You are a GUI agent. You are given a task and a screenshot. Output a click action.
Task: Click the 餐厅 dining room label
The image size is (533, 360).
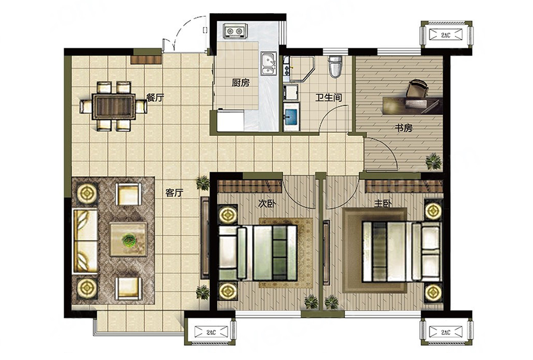155,98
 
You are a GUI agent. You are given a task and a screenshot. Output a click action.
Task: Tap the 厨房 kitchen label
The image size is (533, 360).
241,83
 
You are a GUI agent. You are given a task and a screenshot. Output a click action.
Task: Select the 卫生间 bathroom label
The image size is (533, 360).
328,98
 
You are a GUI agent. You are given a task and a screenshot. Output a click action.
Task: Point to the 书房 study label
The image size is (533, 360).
404,128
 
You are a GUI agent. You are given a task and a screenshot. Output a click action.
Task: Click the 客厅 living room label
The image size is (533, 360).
174,193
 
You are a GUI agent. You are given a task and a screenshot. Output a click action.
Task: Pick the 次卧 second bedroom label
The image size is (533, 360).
267,203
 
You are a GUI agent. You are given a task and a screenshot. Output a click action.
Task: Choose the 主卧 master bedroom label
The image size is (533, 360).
383,203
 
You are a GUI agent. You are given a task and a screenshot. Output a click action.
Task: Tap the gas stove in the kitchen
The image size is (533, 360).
235,31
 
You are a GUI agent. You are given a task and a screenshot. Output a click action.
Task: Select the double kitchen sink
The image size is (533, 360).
269,64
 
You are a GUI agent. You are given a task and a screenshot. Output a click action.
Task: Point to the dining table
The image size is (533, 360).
114,106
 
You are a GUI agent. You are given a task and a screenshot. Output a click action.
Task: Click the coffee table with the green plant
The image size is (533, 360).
129,239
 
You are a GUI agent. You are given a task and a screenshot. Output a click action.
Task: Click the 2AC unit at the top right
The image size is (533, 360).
446,35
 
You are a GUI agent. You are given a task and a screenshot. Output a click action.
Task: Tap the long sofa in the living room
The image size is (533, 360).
86,241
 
